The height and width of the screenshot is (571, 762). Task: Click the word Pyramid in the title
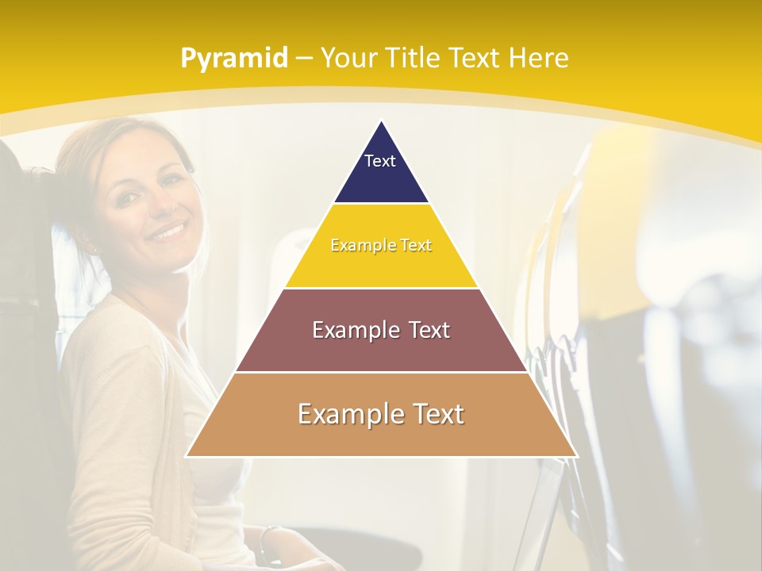pos(233,59)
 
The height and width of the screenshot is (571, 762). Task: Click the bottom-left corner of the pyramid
pos(187,455)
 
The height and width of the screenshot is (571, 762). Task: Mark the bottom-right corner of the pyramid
pos(575,455)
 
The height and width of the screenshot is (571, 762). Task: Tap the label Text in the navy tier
pos(380,161)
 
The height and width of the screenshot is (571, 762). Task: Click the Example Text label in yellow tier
pos(381,245)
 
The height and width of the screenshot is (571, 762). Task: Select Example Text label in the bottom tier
pos(381,414)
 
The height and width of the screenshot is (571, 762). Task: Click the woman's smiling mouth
pos(168,232)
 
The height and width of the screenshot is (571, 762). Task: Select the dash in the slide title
pos(304,59)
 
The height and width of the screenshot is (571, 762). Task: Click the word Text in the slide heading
pos(475,58)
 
